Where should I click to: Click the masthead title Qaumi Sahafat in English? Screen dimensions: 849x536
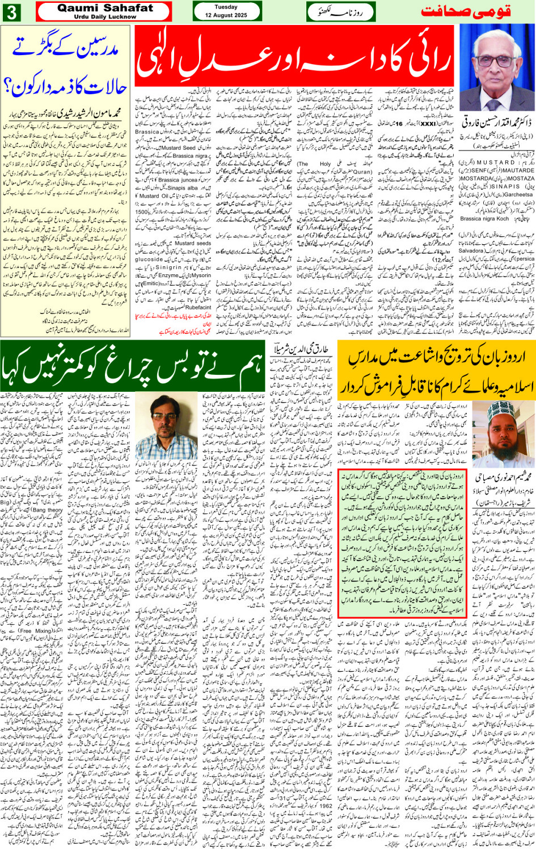pyautogui.click(x=105, y=8)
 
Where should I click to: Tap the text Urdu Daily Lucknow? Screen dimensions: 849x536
pyautogui.click(x=105, y=16)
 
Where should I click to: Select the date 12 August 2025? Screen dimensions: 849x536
pyautogui.click(x=226, y=15)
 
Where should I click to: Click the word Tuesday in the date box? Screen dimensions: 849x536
pyautogui.click(x=226, y=7)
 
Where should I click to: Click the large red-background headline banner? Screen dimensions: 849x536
pyautogui.click(x=294, y=55)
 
